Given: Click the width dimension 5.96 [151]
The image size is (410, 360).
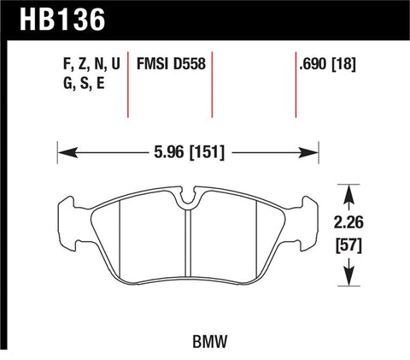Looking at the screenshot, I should [187, 155].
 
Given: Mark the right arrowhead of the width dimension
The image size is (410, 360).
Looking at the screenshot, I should [313, 155].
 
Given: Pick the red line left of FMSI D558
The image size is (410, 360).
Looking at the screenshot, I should [128, 86].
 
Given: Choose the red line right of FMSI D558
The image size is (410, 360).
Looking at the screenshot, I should [212, 86].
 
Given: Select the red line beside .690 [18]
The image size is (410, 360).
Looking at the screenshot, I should [296, 86].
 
